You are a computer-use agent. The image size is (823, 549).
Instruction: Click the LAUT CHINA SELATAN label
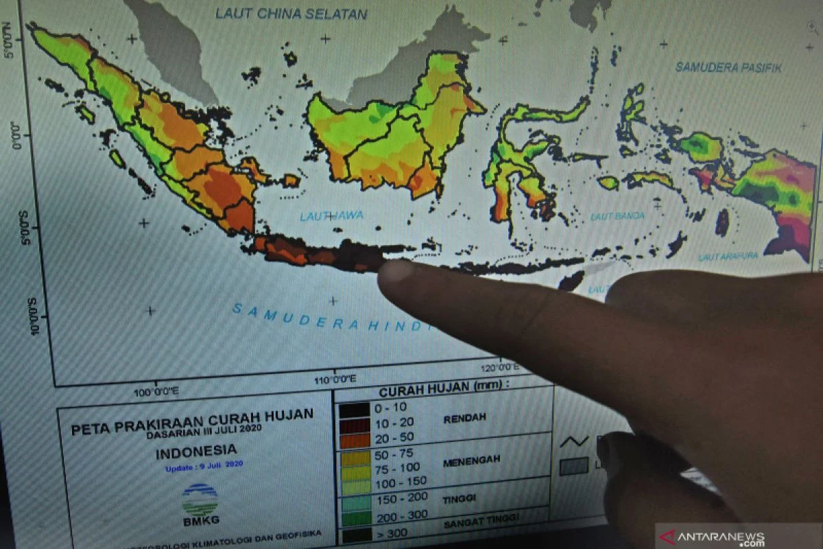[x=291, y=13]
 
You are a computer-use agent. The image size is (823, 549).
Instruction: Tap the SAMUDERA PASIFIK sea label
[x=728, y=67]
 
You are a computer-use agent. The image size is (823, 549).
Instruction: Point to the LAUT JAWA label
[x=331, y=216]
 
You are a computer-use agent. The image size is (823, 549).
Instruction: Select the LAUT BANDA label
[x=617, y=215]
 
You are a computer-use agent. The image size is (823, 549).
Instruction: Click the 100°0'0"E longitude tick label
[x=156, y=392]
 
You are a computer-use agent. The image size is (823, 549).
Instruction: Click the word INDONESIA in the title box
[x=196, y=452]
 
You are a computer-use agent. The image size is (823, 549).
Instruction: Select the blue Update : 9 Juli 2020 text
[x=204, y=466]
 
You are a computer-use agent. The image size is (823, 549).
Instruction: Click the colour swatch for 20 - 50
[x=355, y=441]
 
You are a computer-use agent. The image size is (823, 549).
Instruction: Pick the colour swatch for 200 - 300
[x=355, y=517]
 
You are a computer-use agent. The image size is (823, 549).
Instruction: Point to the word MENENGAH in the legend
[x=472, y=459]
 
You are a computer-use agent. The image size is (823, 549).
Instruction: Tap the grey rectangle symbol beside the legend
[x=574, y=467]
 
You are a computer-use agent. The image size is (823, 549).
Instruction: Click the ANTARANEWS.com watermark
[x=737, y=536]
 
